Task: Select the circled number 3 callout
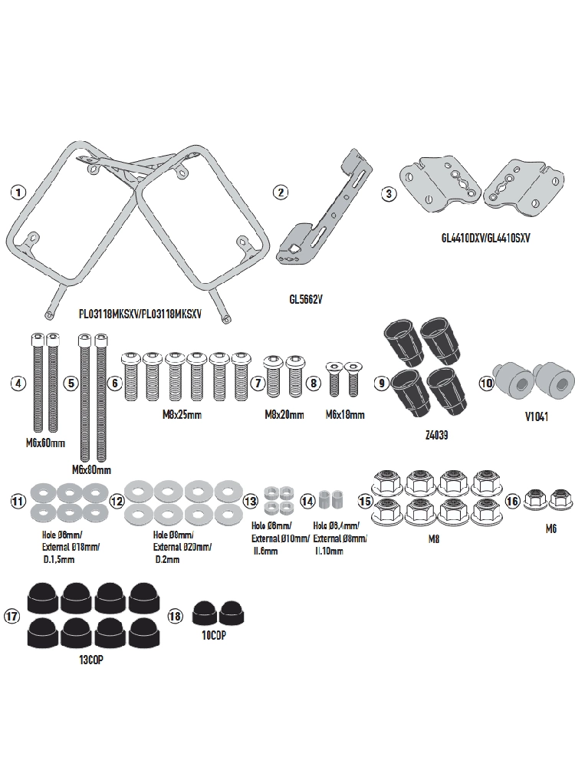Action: [x=390, y=193]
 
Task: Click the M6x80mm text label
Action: [x=92, y=469]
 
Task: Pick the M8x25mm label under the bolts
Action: [x=183, y=415]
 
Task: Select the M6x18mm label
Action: [x=343, y=415]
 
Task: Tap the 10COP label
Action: [x=215, y=636]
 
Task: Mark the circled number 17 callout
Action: [x=12, y=616]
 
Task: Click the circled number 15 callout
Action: [x=365, y=500]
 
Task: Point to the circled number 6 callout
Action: [x=115, y=382]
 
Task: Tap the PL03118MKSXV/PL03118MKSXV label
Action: [x=140, y=314]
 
